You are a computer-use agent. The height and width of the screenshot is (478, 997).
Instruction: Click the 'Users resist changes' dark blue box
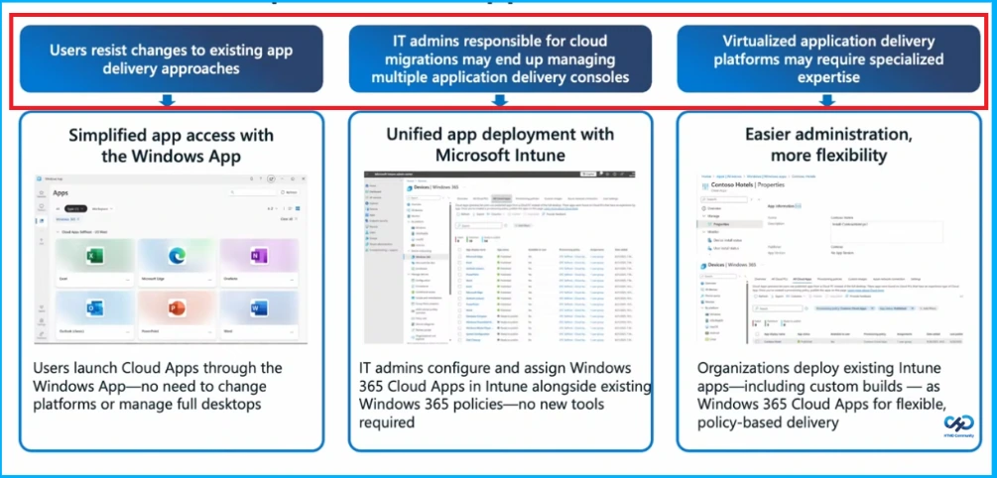pos(170,58)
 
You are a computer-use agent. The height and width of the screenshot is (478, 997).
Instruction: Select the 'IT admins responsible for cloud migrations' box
pos(500,58)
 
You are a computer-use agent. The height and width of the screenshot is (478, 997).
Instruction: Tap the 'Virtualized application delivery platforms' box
pos(828,58)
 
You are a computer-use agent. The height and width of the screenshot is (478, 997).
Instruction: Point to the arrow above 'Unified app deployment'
pos(499,100)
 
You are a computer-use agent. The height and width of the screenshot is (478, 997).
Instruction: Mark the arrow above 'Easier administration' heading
pos(827,100)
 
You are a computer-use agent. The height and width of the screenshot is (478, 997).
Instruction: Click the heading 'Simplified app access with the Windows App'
pos(171,145)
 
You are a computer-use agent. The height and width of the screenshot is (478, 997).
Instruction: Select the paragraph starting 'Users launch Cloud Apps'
pos(158,385)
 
